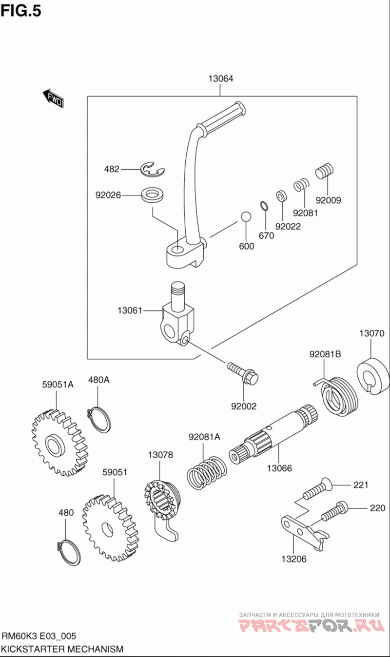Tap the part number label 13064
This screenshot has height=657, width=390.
[x=220, y=78]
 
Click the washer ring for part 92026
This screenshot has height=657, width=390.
[x=153, y=195]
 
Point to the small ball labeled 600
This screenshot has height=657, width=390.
[x=246, y=217]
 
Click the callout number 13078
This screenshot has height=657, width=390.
[x=160, y=455]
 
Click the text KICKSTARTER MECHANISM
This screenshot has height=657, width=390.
[x=62, y=649]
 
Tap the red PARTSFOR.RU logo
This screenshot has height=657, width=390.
[x=309, y=625]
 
